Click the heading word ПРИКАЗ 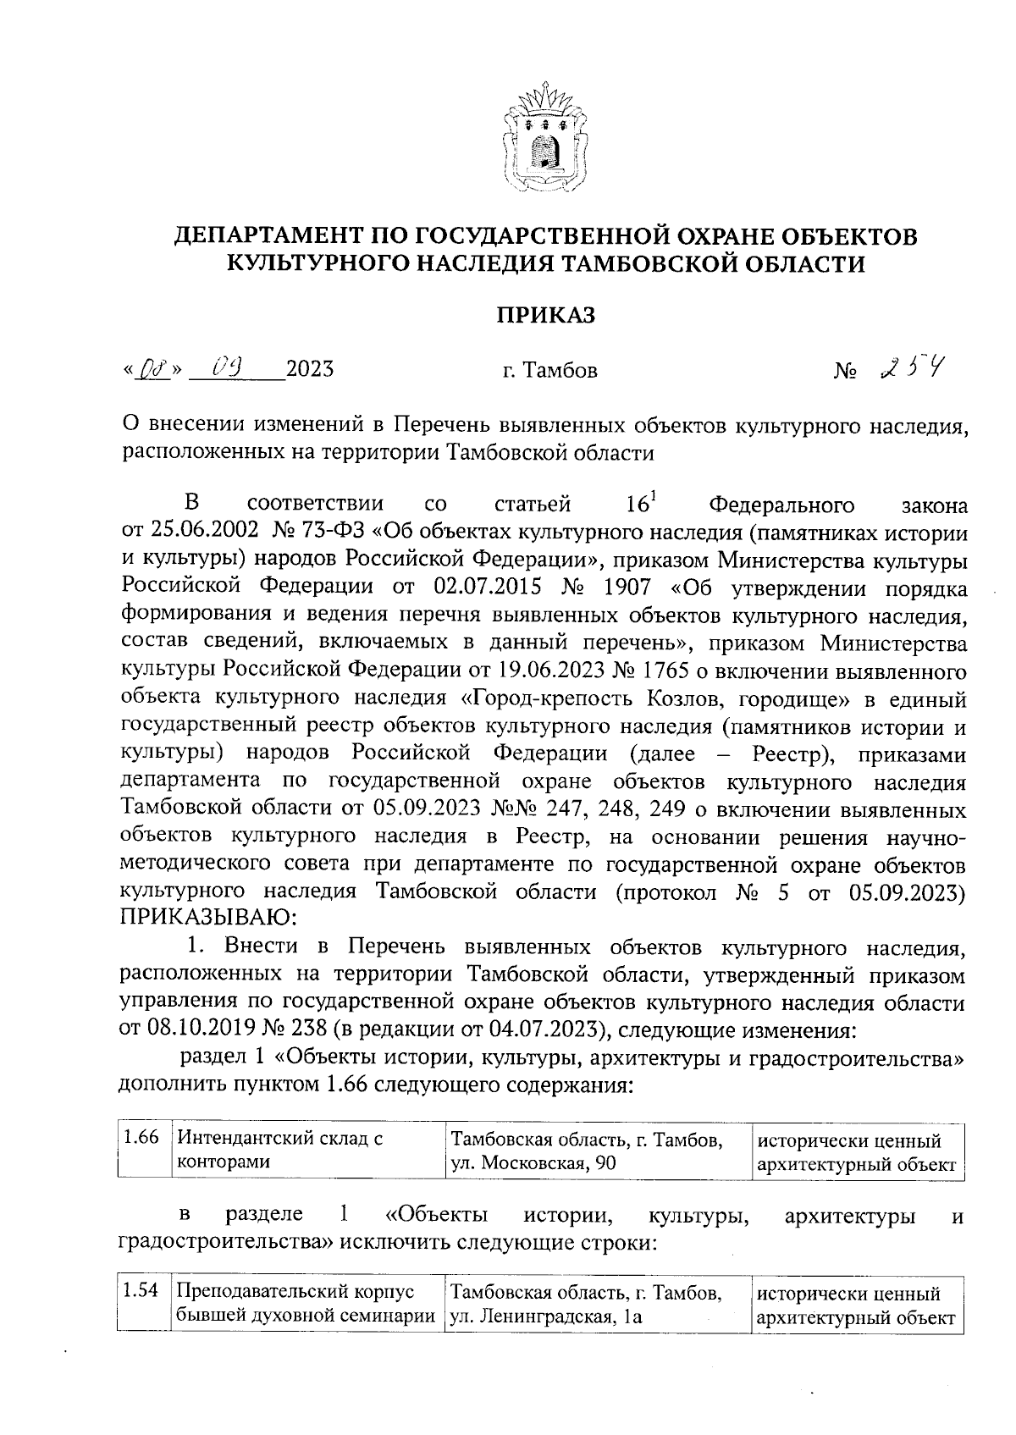[x=545, y=316]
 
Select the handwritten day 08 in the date [x=153, y=370]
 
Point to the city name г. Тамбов [x=549, y=371]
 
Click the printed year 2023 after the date [x=310, y=369]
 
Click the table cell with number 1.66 [x=141, y=1139]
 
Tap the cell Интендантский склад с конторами [x=279, y=1150]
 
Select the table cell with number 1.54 [x=141, y=1293]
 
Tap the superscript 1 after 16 [x=654, y=497]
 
